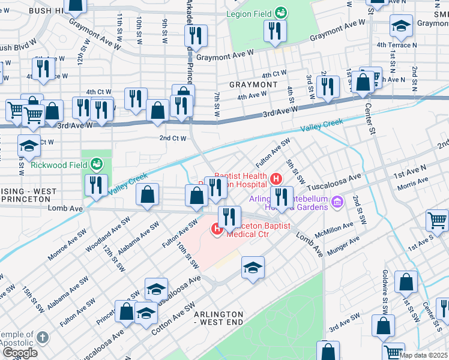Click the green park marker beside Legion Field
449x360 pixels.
tap(280, 13)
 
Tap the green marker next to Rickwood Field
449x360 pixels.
tap(95, 163)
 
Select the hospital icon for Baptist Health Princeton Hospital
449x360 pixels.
tap(276, 178)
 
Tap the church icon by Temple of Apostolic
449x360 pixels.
tap(41, 337)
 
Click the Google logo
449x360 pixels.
tap(19, 353)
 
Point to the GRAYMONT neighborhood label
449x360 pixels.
tap(252, 85)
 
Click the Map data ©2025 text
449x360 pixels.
tap(423, 355)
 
